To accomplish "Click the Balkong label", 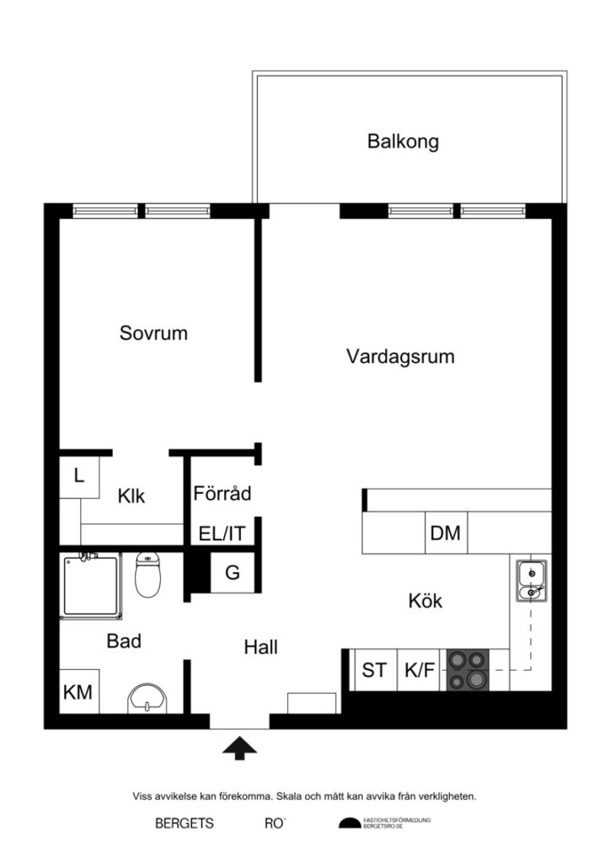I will point(403,142).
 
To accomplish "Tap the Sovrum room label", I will point(153,333).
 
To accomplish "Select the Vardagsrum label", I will point(400,356).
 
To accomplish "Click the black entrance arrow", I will point(241,748).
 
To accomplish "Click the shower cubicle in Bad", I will point(90,585).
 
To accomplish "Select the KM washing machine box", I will point(78,692).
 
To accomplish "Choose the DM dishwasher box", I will point(445,533).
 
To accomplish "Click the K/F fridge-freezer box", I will point(420,671).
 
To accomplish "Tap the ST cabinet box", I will point(374,671).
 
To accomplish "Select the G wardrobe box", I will point(232,573).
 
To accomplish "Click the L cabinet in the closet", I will point(79,475).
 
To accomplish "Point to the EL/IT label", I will point(222,533).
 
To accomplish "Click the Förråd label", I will point(222,494).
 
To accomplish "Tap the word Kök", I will point(425,602).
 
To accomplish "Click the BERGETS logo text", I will point(185,824).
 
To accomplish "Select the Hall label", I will point(261,647).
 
